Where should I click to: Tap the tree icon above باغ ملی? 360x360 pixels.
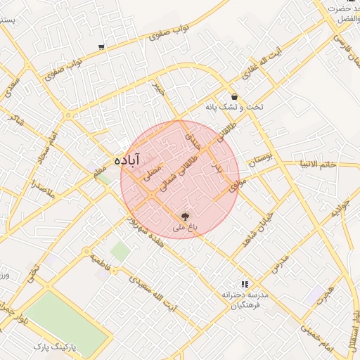click(x=186, y=217)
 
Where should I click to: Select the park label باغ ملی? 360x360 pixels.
click(x=186, y=228)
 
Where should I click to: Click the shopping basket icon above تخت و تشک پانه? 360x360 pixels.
click(x=234, y=97)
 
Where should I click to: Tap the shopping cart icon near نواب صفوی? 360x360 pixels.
click(x=102, y=47)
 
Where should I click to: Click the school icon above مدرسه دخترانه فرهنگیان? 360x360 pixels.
click(x=245, y=284)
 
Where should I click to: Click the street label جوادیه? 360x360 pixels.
click(x=340, y=209)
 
